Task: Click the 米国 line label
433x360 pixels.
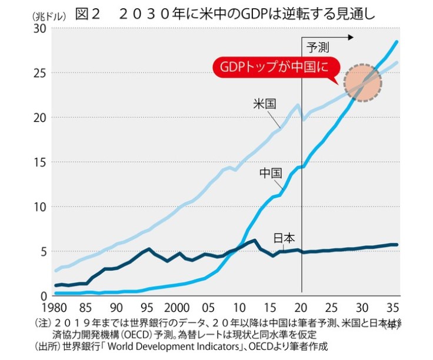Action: coord(264,104)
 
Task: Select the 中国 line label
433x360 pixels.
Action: coord(270,174)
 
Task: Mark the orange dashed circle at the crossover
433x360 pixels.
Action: coord(364,83)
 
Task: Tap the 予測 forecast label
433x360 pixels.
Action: coord(319,48)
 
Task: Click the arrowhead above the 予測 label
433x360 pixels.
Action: coord(351,37)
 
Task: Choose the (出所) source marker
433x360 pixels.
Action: coord(46,346)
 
